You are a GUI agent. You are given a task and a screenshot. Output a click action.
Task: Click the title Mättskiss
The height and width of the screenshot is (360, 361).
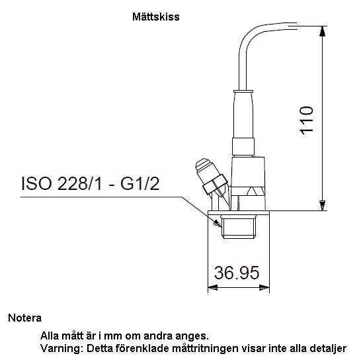(156, 17)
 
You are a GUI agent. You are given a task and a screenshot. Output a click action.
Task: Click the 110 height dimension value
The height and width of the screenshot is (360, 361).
(306, 120)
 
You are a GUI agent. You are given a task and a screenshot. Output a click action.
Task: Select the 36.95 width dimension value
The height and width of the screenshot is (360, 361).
(237, 273)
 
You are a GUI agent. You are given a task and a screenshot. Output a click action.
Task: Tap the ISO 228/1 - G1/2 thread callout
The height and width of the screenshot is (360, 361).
(90, 184)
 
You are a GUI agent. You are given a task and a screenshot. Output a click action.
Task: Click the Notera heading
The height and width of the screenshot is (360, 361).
(25, 318)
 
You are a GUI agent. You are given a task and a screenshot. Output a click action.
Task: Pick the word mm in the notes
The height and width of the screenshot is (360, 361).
(112, 336)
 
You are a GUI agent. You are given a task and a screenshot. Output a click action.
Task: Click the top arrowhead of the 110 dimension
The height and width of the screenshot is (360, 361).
(323, 31)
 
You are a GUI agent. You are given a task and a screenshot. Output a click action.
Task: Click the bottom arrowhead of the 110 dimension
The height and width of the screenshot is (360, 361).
(323, 205)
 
